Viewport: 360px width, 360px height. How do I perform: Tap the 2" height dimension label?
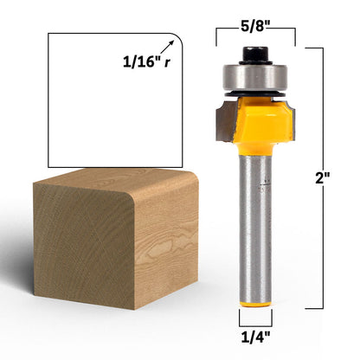pos(323,178)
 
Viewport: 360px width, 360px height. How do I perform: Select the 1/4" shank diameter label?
pos(255,337)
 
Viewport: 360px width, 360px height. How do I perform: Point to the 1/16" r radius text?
pos(146,61)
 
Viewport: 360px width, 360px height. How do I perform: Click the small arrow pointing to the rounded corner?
pos(167,47)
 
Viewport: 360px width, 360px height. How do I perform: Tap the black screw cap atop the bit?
pos(254,55)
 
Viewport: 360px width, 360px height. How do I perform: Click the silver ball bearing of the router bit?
pos(255,77)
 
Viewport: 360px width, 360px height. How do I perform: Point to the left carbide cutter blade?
pos(226,120)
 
